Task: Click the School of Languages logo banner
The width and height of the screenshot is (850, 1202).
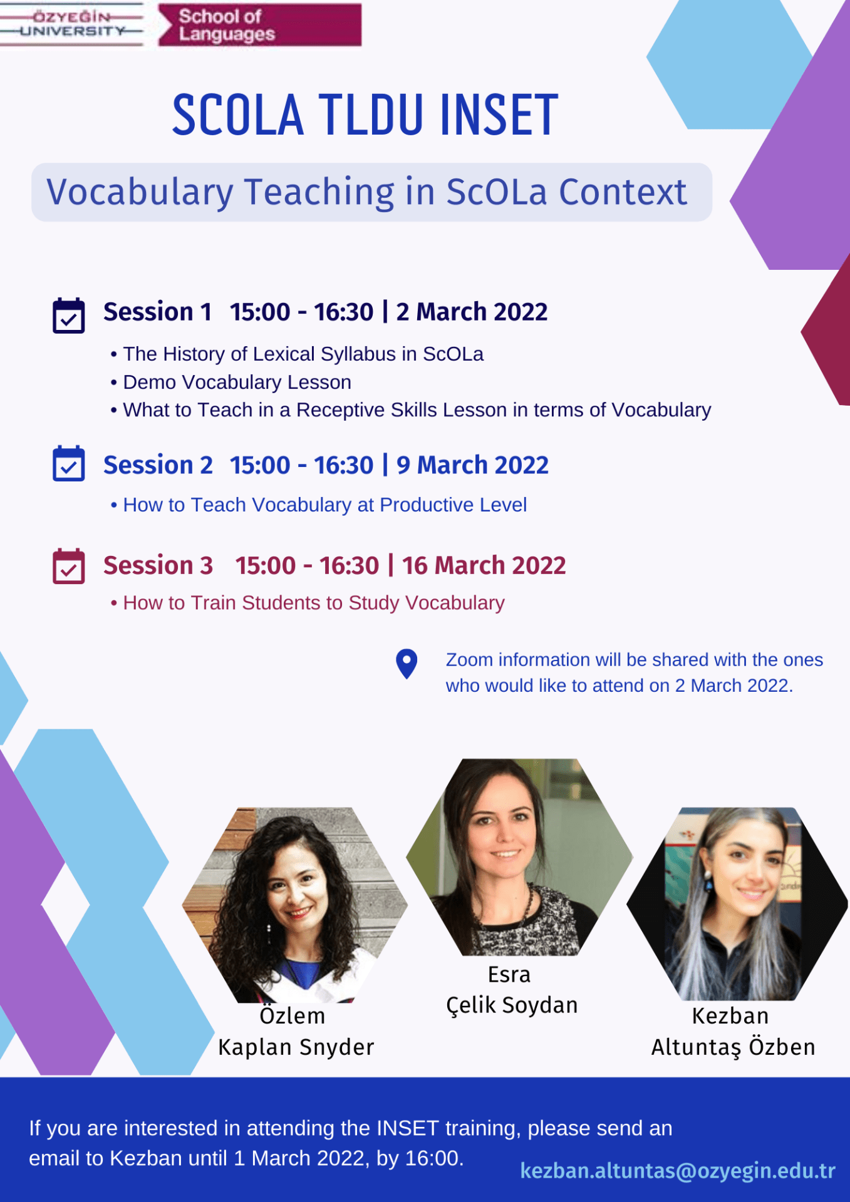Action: point(259,24)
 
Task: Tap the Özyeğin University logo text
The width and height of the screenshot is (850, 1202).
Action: point(72,24)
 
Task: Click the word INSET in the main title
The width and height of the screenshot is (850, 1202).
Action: point(499,115)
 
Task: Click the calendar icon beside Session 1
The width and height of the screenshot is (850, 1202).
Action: point(69,315)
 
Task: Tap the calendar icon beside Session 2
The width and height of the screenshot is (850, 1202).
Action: point(69,463)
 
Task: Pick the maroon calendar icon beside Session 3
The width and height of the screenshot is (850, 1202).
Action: point(69,566)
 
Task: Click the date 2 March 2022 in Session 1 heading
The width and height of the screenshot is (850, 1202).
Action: point(472,312)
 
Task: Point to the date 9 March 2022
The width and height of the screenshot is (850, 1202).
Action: point(472,465)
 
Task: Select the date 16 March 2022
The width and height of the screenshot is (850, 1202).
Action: point(484,565)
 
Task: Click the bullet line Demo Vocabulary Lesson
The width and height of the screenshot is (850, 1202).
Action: point(231,382)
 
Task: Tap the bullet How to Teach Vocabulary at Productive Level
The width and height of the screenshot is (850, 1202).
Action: point(318,505)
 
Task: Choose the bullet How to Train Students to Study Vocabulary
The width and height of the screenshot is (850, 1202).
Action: point(308,602)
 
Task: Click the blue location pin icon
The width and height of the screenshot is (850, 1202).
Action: point(407,664)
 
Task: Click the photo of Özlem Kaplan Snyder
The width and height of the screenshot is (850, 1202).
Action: point(295,905)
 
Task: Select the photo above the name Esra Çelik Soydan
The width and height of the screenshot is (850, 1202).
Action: point(519,857)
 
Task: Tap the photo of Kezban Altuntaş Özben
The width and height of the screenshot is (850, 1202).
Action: point(737,904)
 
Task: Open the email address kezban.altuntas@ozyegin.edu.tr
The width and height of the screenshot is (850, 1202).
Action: point(678,1170)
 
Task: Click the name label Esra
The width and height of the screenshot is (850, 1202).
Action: point(509,975)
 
